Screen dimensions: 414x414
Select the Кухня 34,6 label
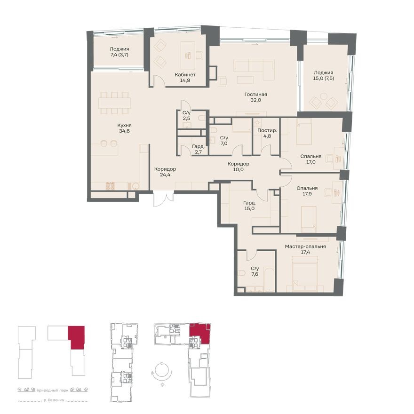[124, 128]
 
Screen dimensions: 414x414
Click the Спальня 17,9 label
[307, 191]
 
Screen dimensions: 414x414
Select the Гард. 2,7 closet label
[198, 149]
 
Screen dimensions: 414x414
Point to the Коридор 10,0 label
[238, 167]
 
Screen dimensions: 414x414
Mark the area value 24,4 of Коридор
[165, 175]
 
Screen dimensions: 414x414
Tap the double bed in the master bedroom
[306, 273]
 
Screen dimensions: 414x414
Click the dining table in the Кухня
[115, 102]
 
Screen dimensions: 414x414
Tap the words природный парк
[53, 390]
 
